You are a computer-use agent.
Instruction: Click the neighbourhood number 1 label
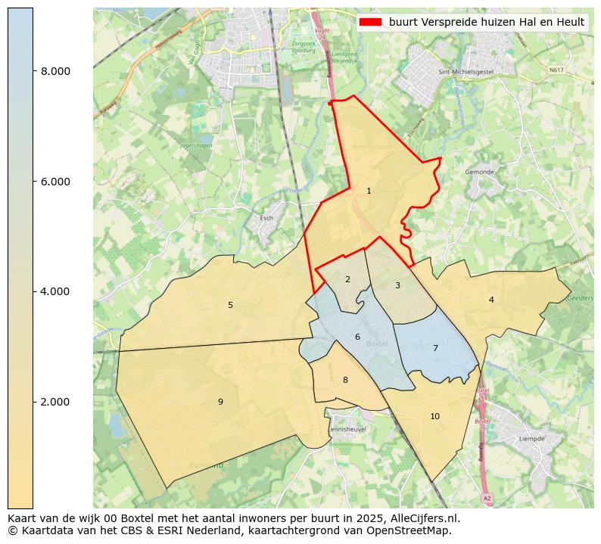tap(369, 191)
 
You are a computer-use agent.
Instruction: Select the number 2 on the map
tap(347, 280)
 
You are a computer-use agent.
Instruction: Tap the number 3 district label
tap(397, 286)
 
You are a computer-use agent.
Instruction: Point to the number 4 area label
tap(491, 300)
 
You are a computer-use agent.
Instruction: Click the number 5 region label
tap(231, 306)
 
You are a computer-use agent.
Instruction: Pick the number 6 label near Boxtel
tap(357, 337)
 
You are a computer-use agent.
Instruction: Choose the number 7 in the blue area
tap(435, 349)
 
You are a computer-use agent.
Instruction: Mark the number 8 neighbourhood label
tap(345, 381)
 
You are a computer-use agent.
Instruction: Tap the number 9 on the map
tap(220, 403)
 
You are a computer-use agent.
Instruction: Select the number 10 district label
tap(434, 417)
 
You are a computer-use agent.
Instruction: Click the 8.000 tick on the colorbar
tap(55, 72)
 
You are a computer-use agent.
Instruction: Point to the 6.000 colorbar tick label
tap(55, 182)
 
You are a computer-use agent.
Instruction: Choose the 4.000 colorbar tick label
tap(55, 292)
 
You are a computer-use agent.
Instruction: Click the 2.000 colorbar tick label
tap(55, 402)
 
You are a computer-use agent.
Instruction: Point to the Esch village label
tap(266, 218)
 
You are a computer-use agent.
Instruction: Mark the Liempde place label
tap(531, 439)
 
